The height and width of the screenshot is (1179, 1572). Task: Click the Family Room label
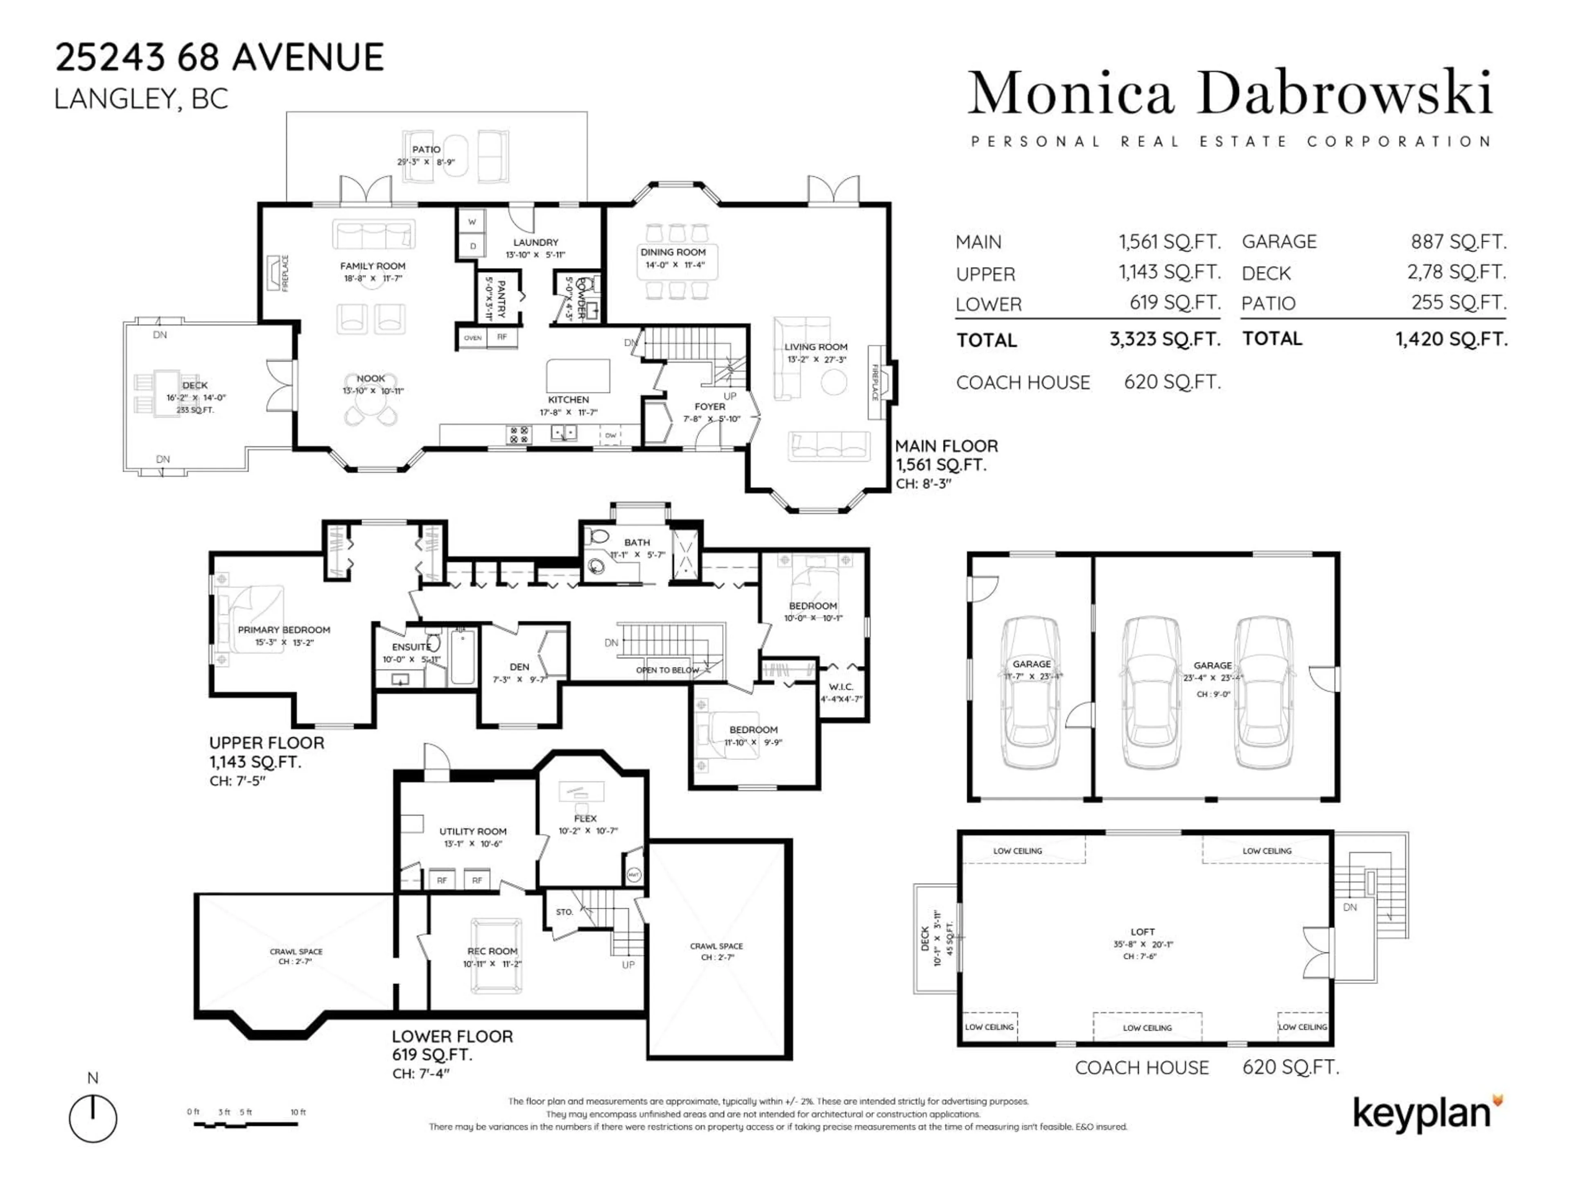373,266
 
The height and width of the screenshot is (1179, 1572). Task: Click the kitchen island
578,375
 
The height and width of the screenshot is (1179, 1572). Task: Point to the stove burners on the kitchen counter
519,434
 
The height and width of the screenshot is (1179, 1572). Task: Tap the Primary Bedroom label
284,630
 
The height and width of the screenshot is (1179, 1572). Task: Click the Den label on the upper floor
519,666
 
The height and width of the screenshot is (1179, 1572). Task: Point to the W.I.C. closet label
841,687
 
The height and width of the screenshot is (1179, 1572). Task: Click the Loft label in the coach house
1143,931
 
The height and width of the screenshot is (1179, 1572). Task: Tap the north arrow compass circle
93,1118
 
